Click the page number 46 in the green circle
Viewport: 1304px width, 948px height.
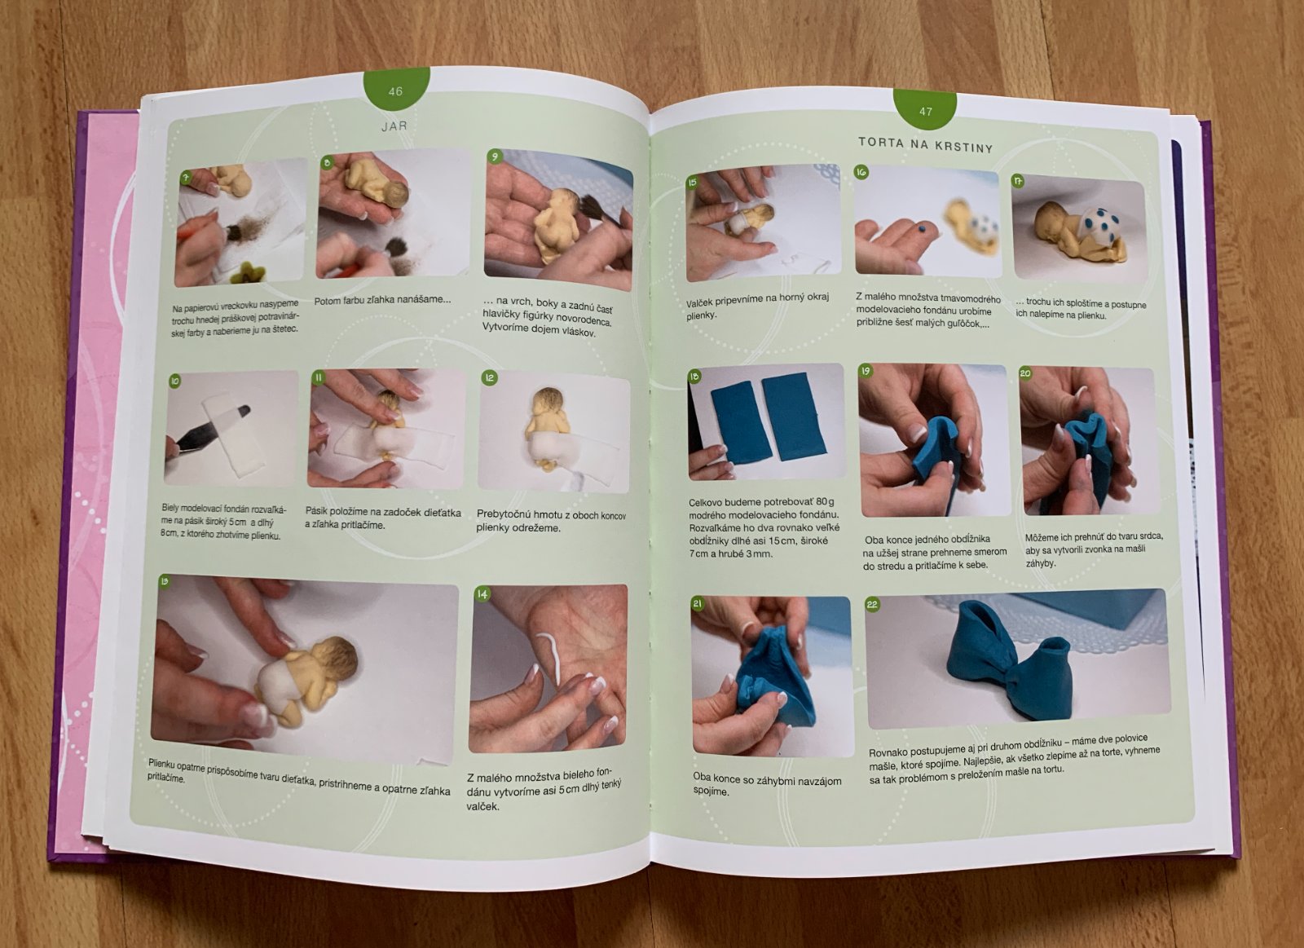395,90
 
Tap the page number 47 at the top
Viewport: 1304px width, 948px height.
926,111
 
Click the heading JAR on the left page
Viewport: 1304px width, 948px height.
394,126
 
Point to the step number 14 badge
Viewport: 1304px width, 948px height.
482,593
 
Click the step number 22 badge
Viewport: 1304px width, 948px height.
872,605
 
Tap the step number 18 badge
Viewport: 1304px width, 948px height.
694,377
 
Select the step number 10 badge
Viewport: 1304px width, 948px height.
174,381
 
